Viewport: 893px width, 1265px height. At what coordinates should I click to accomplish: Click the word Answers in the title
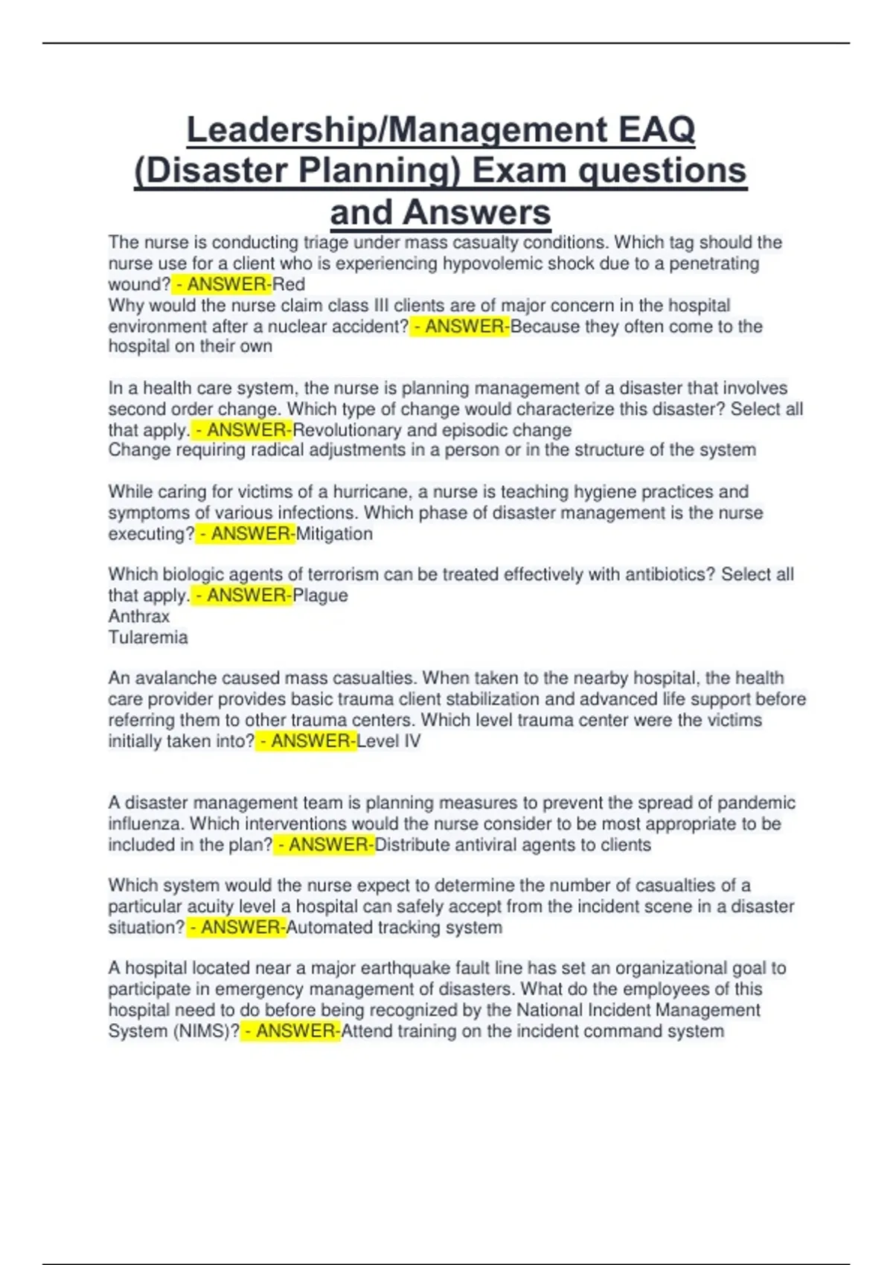(477, 212)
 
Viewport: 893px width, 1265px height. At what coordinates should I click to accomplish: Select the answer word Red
(289, 284)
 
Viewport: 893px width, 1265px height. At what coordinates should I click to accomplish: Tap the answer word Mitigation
(334, 534)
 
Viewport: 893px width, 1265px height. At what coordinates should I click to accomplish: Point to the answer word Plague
(320, 595)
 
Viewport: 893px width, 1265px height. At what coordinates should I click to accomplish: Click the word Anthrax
(138, 616)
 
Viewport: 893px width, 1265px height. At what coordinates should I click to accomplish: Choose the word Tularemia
(148, 637)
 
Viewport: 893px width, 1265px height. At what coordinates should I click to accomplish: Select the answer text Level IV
(388, 741)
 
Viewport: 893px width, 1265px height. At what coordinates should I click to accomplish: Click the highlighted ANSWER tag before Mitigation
(246, 534)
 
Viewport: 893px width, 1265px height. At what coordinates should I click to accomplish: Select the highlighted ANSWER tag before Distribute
(324, 845)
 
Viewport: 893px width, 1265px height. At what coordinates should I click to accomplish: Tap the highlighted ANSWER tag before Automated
(236, 927)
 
